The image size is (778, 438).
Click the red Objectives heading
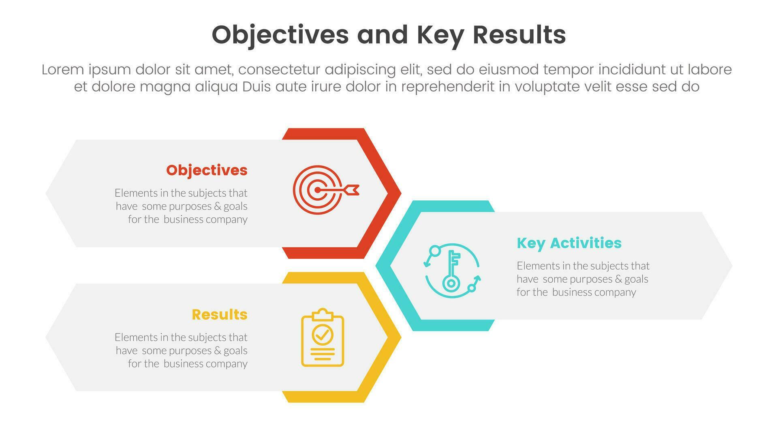(x=207, y=170)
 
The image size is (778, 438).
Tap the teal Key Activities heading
(x=569, y=243)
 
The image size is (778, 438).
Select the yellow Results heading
(x=220, y=315)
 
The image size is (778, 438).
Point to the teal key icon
(x=451, y=271)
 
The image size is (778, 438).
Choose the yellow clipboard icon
(x=323, y=337)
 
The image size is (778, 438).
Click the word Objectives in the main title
(x=280, y=35)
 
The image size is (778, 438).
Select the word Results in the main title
(x=519, y=35)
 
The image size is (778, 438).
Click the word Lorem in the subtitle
(x=63, y=70)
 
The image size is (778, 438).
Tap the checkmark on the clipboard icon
(x=323, y=335)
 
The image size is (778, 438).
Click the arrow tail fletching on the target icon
(x=351, y=190)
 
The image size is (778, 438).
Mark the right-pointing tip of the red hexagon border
(x=401, y=193)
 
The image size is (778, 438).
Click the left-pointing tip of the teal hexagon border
(x=376, y=266)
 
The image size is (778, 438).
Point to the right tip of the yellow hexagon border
(x=401, y=337)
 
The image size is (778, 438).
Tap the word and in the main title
(x=383, y=35)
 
